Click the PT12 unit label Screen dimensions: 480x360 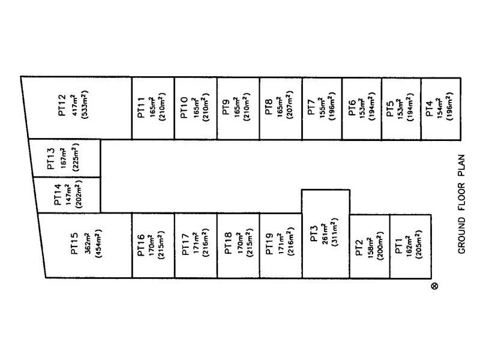click(x=62, y=105)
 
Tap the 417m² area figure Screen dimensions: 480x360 click(x=74, y=105)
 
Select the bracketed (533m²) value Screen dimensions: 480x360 click(x=84, y=104)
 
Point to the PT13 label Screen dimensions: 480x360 click(x=51, y=159)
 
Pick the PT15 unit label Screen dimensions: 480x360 click(x=74, y=244)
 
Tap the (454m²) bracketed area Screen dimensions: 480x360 click(x=98, y=244)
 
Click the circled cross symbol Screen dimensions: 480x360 click(x=434, y=286)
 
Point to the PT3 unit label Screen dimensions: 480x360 click(x=314, y=234)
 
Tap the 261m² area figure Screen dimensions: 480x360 click(x=325, y=234)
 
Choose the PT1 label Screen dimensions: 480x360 click(x=398, y=247)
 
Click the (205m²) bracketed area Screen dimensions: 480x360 click(x=418, y=245)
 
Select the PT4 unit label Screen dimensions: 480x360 click(x=429, y=109)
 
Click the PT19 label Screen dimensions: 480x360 click(x=269, y=244)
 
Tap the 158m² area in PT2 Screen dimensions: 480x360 click(x=370, y=247)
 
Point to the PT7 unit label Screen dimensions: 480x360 click(x=311, y=107)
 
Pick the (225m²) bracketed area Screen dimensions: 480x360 click(x=76, y=157)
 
